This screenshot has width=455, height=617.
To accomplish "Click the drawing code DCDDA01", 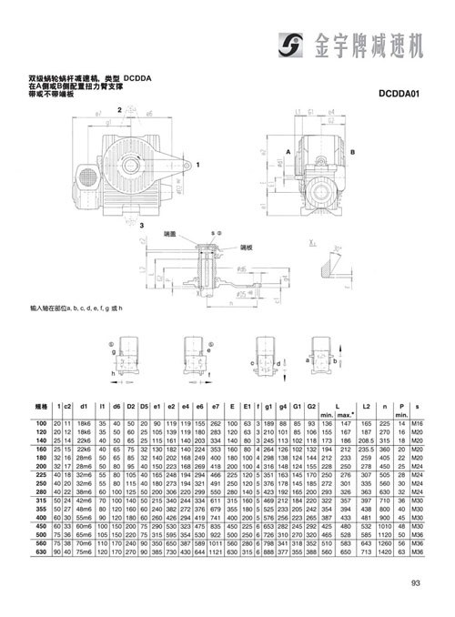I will click(401, 92).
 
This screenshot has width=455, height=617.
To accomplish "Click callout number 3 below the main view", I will click(140, 224).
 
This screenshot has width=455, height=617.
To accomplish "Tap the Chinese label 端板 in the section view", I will click(245, 246).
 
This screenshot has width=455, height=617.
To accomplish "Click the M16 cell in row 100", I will click(417, 423).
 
